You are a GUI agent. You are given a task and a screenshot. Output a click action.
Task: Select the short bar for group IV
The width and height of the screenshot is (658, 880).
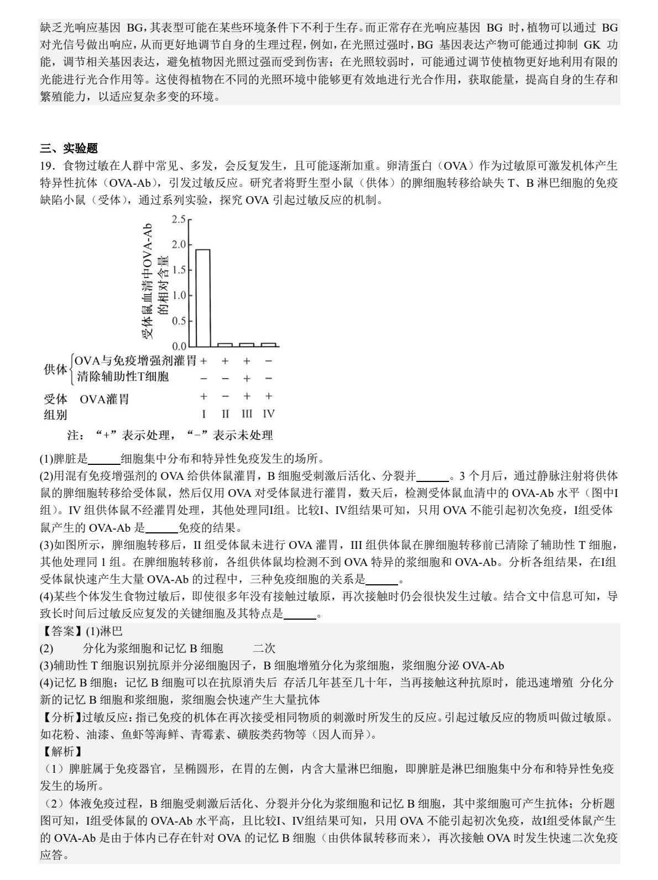pyautogui.click(x=268, y=344)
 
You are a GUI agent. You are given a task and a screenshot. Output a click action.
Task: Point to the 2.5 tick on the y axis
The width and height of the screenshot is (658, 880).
pyautogui.click(x=179, y=219)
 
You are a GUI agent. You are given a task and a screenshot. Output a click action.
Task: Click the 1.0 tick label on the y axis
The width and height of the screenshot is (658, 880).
pyautogui.click(x=179, y=296)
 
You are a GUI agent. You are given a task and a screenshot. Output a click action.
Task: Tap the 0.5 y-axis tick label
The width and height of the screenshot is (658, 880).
pyautogui.click(x=179, y=321)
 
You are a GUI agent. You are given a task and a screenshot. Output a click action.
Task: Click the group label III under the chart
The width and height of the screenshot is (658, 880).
pyautogui.click(x=247, y=414)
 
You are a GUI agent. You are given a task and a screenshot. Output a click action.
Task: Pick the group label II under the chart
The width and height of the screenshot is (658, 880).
pyautogui.click(x=225, y=414)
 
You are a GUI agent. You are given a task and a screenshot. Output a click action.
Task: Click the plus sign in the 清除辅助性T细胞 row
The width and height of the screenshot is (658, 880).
pyautogui.click(x=247, y=379)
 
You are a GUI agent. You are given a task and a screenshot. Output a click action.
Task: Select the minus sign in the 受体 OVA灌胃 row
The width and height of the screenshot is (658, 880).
pyautogui.click(x=225, y=397)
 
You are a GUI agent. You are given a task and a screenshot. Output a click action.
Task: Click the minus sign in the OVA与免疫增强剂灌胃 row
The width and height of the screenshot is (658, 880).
pyautogui.click(x=269, y=362)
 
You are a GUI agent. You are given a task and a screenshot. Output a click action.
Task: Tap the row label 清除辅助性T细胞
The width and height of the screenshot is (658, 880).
pyautogui.click(x=123, y=377)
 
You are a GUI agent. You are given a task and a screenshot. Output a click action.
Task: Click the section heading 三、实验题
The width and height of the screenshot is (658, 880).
pyautogui.click(x=69, y=148)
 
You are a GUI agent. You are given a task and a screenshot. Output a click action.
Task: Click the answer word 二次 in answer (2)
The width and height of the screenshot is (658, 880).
pyautogui.click(x=264, y=648)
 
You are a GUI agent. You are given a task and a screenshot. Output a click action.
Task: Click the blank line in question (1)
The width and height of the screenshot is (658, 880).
pyautogui.click(x=104, y=459)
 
